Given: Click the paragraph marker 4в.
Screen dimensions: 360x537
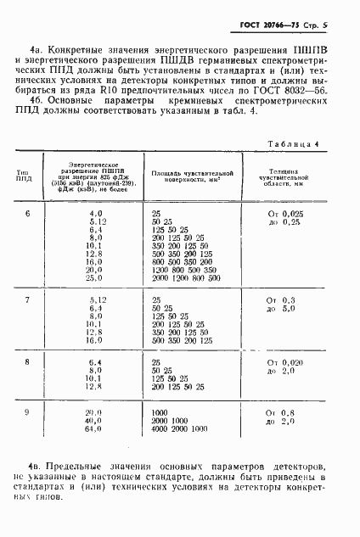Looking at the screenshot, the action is pos(37,490).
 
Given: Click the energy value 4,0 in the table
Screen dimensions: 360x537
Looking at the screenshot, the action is pos(95,214).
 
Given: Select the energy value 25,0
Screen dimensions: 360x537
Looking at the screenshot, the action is pos(93,277).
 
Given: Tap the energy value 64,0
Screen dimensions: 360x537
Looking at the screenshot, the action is pos(93,429).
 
